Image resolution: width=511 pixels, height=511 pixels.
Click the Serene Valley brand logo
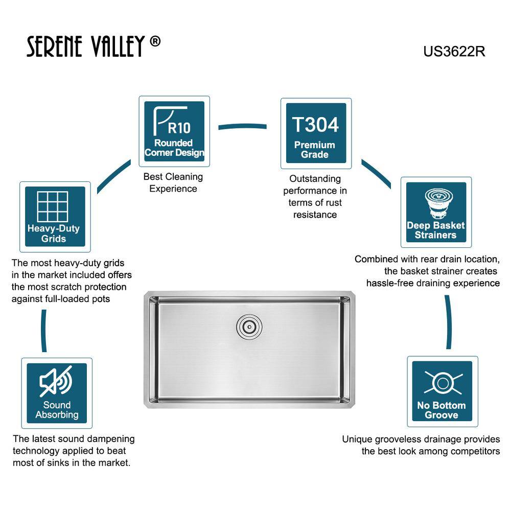click(x=93, y=46)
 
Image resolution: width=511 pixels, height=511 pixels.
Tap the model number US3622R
click(x=454, y=52)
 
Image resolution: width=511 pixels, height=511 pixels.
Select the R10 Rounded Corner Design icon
click(x=174, y=131)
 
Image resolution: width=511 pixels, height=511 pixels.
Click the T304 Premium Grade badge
click(x=316, y=133)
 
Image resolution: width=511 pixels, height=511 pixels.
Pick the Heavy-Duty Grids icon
click(x=55, y=217)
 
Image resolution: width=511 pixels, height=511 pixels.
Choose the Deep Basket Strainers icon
click(x=436, y=212)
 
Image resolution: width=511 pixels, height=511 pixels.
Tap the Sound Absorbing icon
click(x=57, y=393)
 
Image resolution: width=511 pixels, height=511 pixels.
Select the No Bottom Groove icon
click(x=442, y=391)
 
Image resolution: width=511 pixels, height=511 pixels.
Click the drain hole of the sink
click(x=249, y=326)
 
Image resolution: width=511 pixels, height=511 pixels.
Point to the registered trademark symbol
click(x=155, y=41)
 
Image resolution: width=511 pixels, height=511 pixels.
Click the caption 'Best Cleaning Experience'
click(x=173, y=182)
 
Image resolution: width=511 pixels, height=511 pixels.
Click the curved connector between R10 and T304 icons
click(x=242, y=126)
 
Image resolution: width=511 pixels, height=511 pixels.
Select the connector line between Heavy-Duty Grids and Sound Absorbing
click(x=43, y=331)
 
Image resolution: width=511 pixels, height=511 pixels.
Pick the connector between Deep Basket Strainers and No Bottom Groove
click(x=449, y=322)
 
